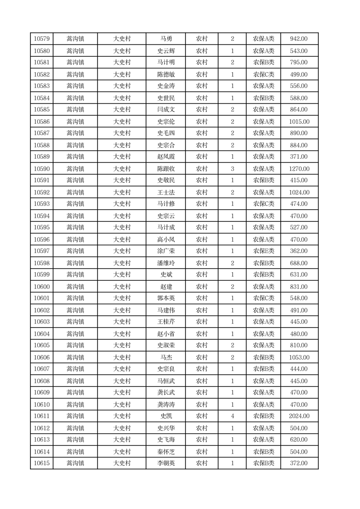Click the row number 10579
pos(42,39)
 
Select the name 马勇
pos(166,39)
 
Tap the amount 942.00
pos(299,39)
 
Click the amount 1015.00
pos(299,122)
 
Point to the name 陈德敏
pos(166,74)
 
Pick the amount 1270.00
pos(299,169)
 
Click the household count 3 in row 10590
pos(232,169)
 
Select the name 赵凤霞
pos(166,157)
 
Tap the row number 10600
pos(42,287)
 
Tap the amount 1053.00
pos(299,357)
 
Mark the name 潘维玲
pos(166,263)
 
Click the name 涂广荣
pos(166,251)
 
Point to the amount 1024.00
pos(299,192)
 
